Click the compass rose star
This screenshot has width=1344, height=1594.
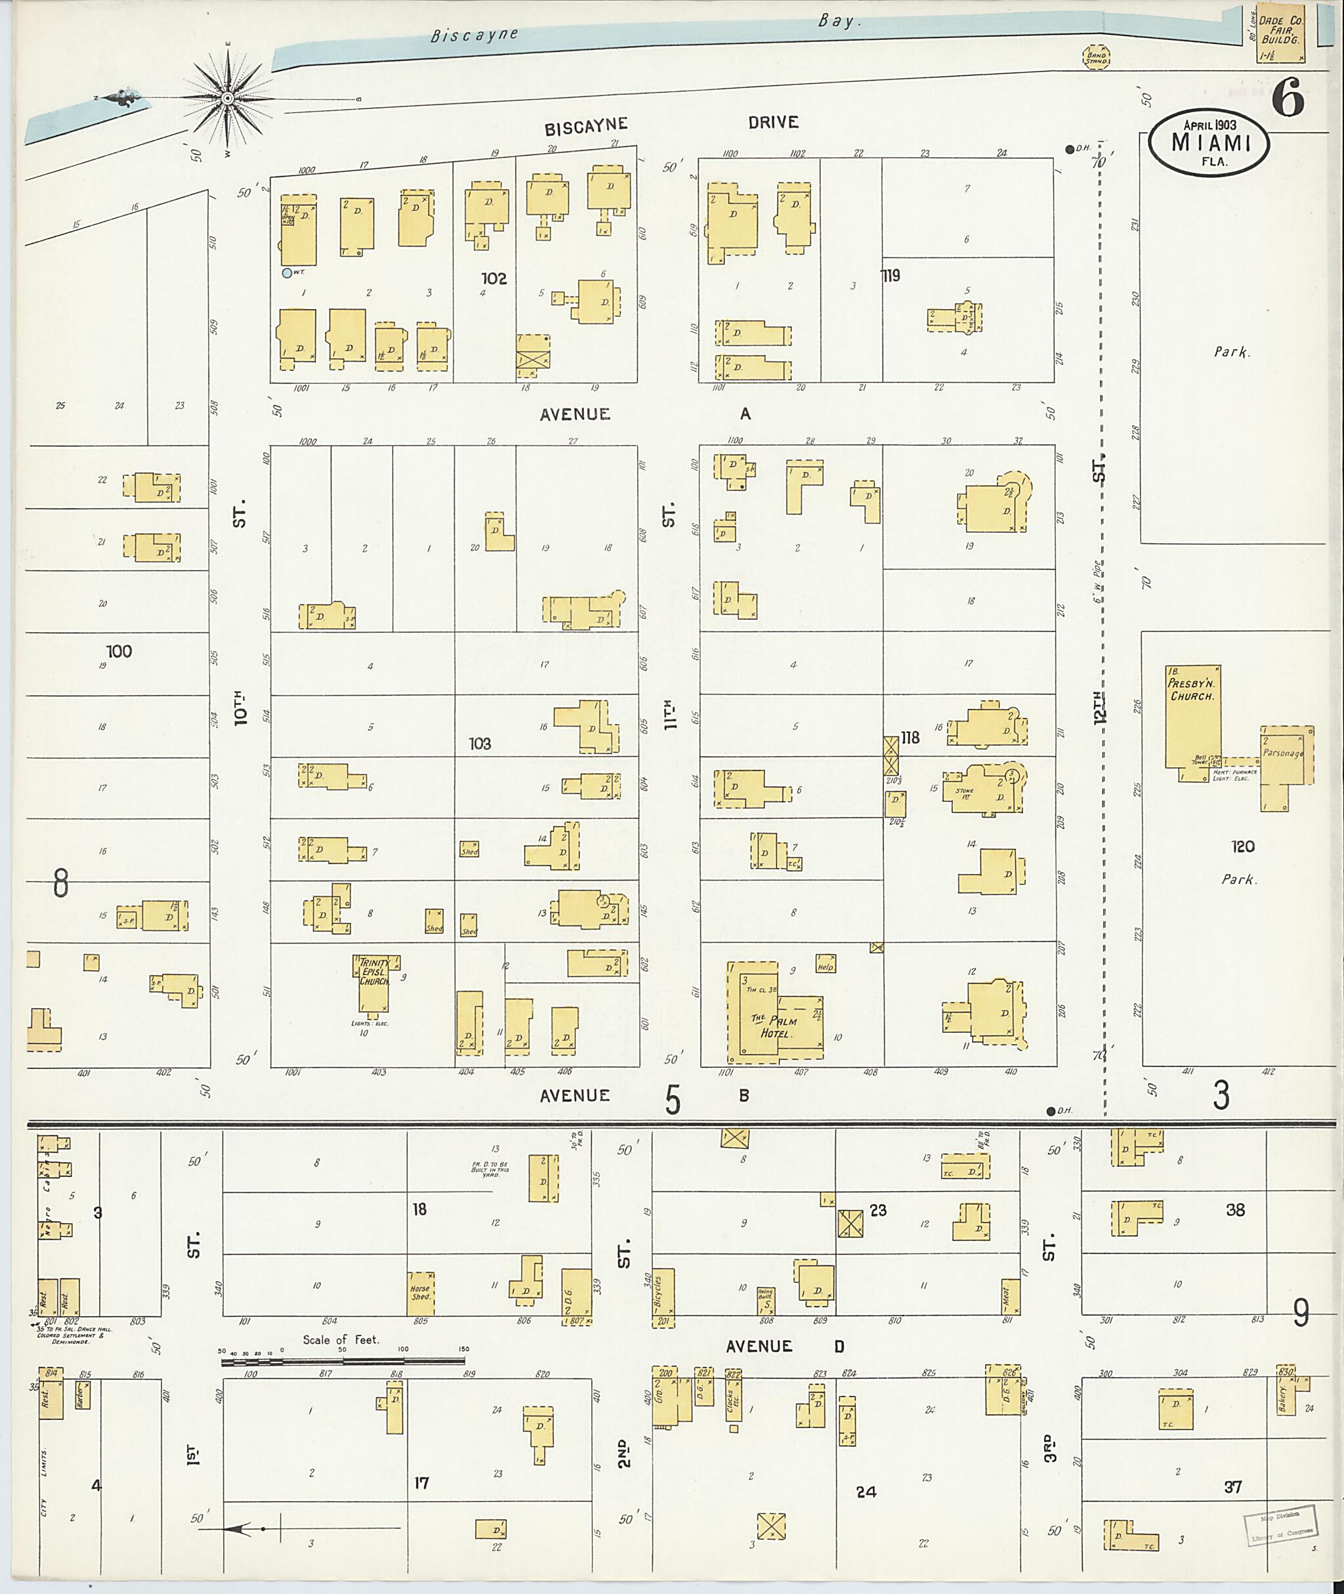click(x=227, y=99)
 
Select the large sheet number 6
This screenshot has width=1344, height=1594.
click(x=1288, y=100)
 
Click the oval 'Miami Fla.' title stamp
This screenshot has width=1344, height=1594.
click(x=1209, y=144)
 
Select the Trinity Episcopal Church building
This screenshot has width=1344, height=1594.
click(x=374, y=982)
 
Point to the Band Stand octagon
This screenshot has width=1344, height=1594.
click(x=1097, y=57)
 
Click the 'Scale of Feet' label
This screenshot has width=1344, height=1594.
click(x=341, y=1340)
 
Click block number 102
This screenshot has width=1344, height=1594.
click(x=493, y=279)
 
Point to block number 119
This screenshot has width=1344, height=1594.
click(x=891, y=276)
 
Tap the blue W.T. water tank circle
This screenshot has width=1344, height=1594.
click(x=287, y=273)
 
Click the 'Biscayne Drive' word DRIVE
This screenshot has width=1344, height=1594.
click(x=772, y=122)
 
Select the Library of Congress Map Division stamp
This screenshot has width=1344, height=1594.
click(x=1280, y=1526)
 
